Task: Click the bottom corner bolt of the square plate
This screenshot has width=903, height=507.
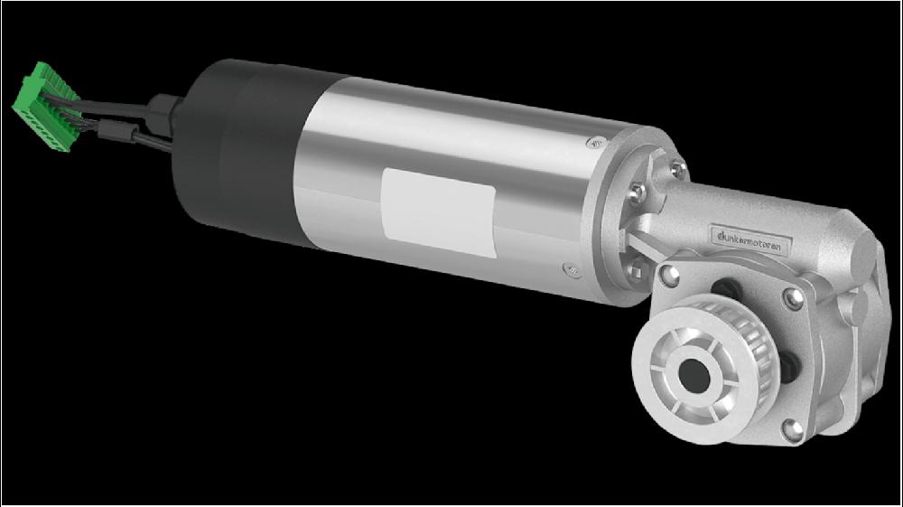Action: tap(793, 427)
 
